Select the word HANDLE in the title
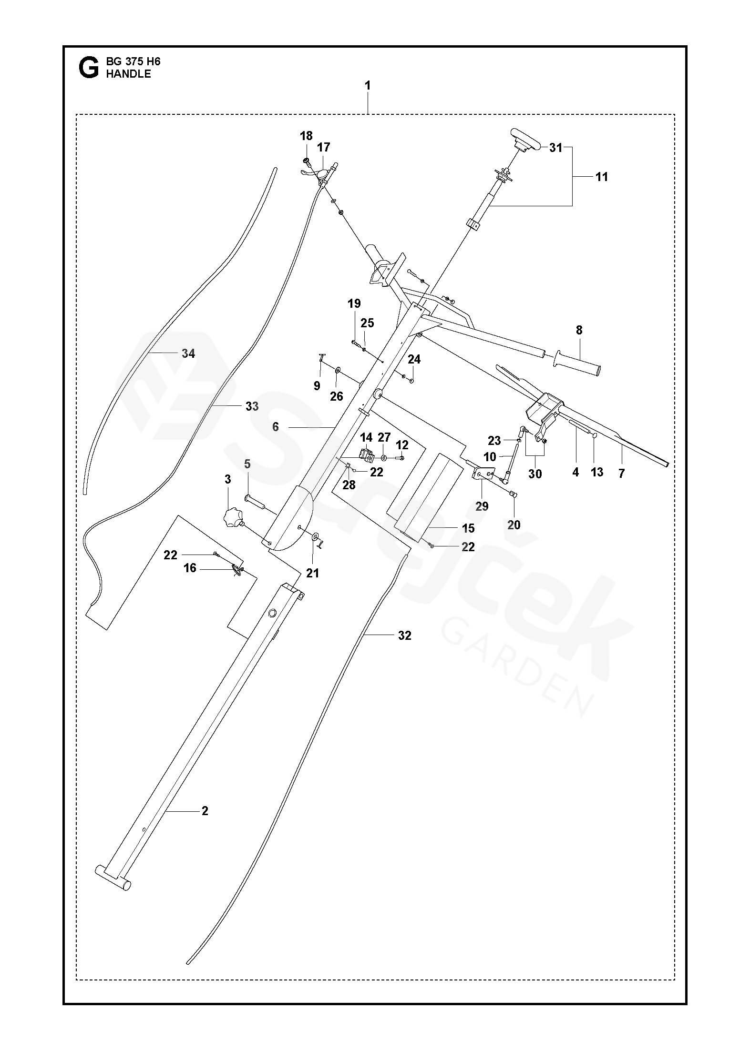128,74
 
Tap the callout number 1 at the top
367,86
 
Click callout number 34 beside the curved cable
188,353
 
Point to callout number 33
252,406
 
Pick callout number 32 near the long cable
404,635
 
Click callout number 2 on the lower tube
205,810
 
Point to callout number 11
602,177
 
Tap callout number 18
306,136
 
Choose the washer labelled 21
315,537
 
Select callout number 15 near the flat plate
468,528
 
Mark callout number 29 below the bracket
482,506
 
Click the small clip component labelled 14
367,454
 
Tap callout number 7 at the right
621,473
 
